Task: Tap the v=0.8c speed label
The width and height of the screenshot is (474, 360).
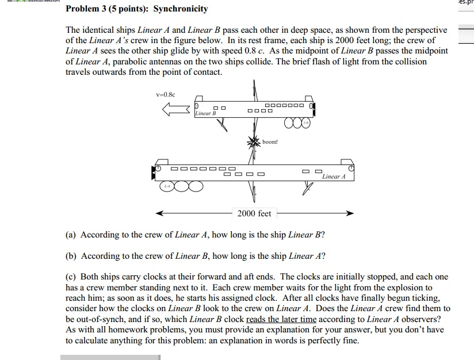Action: (166, 94)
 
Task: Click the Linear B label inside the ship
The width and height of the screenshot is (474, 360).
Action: (205, 114)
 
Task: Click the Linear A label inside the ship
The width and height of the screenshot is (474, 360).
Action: (334, 177)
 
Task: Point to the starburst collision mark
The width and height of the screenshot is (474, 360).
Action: (254, 141)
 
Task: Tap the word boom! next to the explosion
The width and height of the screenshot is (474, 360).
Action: (270, 141)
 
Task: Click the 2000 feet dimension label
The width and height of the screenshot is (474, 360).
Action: (254, 213)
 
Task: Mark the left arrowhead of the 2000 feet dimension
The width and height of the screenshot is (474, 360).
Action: (160, 213)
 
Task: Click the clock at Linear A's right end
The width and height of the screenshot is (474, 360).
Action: (351, 168)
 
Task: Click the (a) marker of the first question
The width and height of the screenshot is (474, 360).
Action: (71, 235)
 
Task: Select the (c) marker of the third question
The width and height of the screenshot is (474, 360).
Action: (71, 277)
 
